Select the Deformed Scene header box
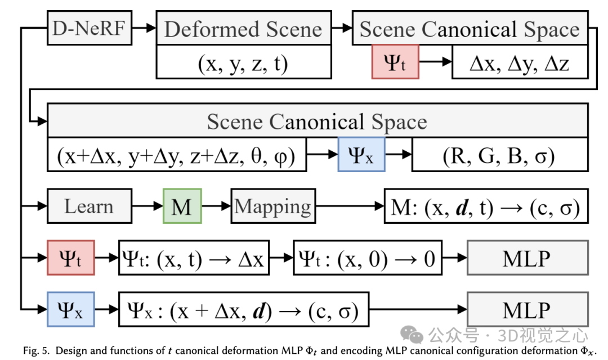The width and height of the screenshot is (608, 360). [243, 29]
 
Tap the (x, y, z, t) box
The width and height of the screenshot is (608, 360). [243, 63]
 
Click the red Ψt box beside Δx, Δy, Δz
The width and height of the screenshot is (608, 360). [395, 62]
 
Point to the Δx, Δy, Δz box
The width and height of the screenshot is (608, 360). [520, 63]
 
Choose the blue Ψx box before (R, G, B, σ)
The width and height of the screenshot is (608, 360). [361, 155]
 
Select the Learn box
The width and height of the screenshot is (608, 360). [90, 206]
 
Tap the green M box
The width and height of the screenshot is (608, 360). [182, 206]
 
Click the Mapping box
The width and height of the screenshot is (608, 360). [273, 206]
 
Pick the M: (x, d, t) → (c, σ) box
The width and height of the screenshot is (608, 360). [486, 207]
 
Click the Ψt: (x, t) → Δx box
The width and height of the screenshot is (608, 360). [194, 258]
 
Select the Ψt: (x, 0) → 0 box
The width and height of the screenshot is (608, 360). [368, 258]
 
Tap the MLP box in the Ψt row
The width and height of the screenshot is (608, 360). [527, 258]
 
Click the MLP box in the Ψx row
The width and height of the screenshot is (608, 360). [527, 309]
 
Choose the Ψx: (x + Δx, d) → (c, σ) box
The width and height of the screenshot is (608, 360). [244, 309]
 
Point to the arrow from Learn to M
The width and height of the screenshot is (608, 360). [147, 206]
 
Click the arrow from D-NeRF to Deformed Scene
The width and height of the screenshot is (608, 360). [144, 27]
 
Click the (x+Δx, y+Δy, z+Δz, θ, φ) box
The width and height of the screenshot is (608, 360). [177, 155]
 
